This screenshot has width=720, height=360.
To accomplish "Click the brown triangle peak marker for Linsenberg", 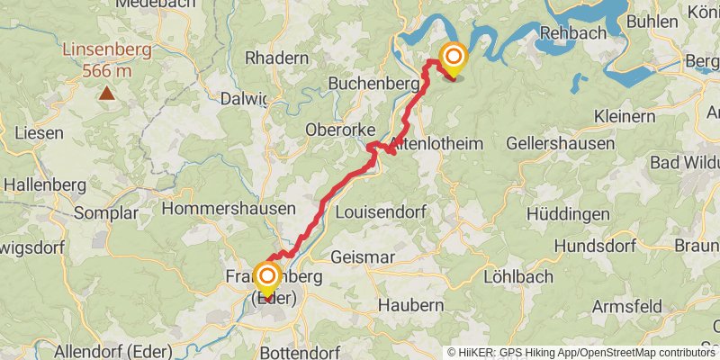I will pos(107,92).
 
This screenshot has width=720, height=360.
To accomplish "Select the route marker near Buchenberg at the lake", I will pos(453,59).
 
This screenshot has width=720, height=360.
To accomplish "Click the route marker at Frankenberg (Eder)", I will pos(267,277).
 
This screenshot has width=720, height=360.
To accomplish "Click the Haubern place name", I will pos(410,305).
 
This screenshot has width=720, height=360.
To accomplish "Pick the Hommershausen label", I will pos(229,209).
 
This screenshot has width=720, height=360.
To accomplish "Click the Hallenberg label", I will pos(44,184).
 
